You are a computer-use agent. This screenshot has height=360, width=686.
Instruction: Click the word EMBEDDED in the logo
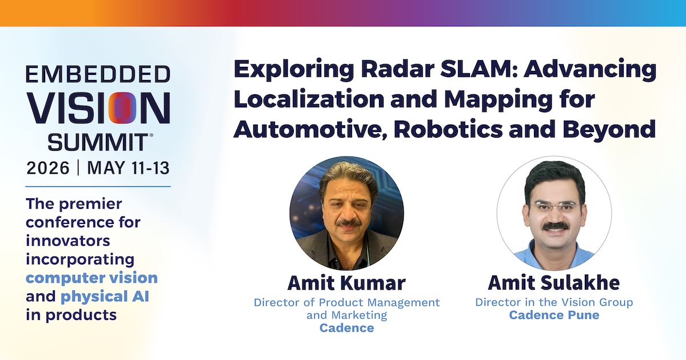(x=98, y=74)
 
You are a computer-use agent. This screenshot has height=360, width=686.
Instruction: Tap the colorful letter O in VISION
(x=122, y=108)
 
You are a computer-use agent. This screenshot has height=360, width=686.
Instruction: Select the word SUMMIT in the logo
(x=98, y=142)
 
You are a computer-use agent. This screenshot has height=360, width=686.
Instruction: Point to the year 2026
(x=48, y=168)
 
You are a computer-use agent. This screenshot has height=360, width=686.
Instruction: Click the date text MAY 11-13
(x=128, y=168)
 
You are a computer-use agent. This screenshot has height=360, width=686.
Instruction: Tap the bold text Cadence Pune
(x=554, y=315)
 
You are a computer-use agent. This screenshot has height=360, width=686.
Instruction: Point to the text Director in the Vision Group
(x=554, y=302)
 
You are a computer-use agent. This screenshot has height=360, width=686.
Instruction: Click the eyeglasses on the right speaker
(x=556, y=207)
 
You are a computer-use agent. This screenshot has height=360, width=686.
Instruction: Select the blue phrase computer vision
(x=91, y=278)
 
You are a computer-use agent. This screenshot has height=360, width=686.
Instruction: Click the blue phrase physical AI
(x=105, y=297)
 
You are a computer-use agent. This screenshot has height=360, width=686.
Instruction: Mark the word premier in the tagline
(x=91, y=205)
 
